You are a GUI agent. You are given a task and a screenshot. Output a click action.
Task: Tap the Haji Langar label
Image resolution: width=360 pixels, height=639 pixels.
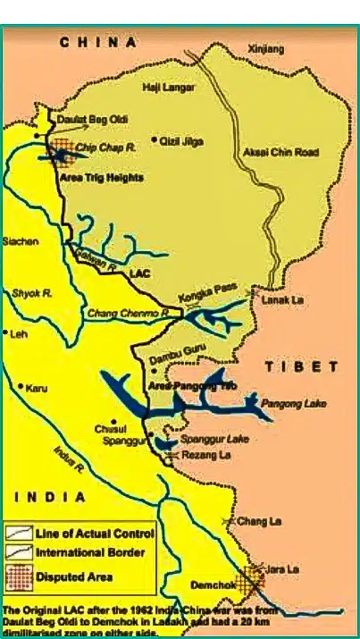tap(169, 87)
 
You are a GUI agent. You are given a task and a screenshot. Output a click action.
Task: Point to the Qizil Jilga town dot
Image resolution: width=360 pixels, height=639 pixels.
tap(155, 139)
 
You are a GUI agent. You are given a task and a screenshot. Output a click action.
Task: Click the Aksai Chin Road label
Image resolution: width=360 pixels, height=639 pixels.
tap(280, 153)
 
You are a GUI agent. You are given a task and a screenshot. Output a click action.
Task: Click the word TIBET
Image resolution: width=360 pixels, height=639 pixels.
tap(303, 367)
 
